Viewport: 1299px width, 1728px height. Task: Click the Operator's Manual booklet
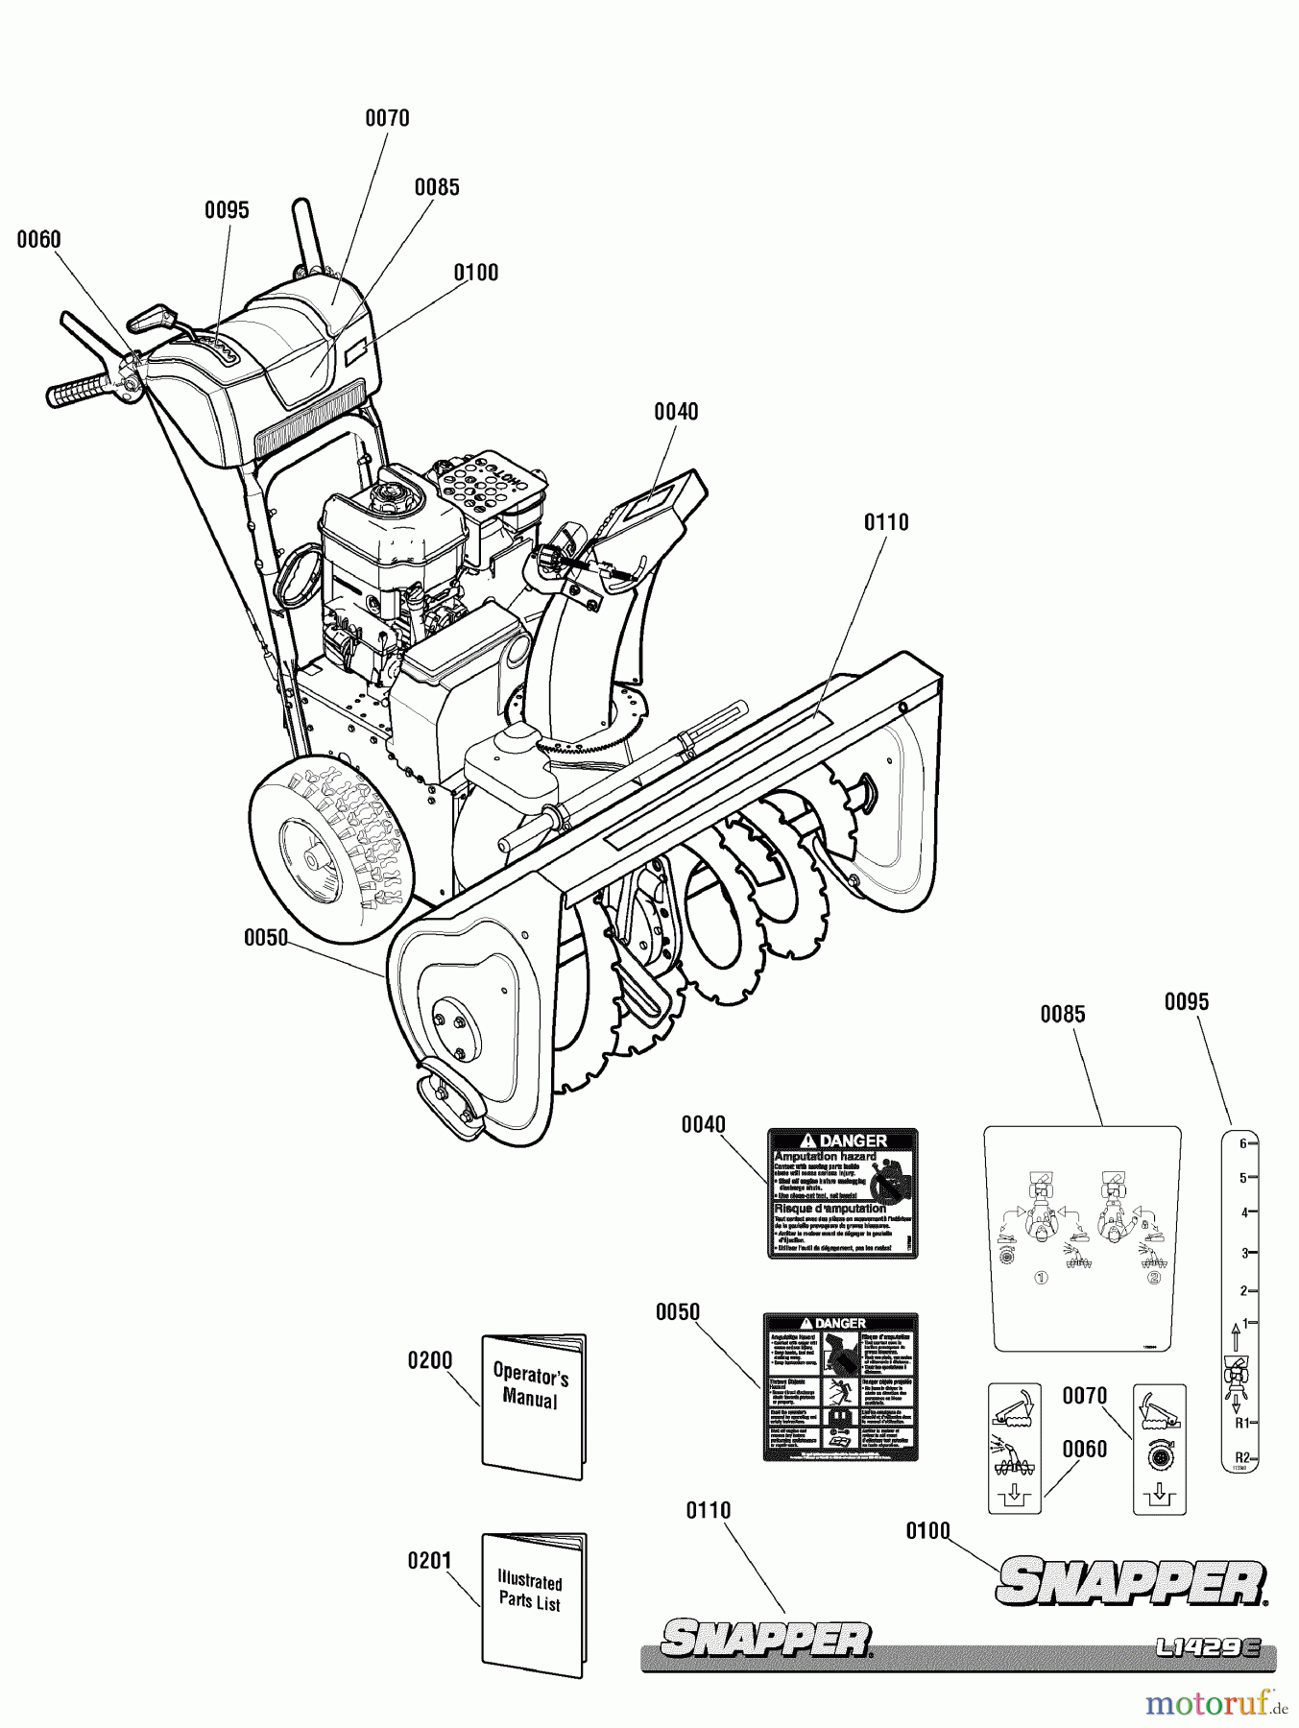point(532,1405)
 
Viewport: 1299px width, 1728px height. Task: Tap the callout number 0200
point(429,1360)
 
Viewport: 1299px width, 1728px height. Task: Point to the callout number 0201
point(429,1560)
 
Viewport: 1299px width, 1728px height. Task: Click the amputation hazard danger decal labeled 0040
point(842,1193)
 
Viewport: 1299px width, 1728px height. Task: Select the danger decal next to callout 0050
point(840,1387)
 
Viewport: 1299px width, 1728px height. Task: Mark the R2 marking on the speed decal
point(1240,1455)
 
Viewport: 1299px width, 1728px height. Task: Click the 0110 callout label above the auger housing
point(885,522)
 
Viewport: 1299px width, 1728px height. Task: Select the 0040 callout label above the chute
point(676,412)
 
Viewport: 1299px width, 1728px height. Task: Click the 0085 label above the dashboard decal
point(1062,1014)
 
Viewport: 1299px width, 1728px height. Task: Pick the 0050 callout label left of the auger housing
point(265,937)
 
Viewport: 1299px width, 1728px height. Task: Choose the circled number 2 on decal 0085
point(1153,1278)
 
